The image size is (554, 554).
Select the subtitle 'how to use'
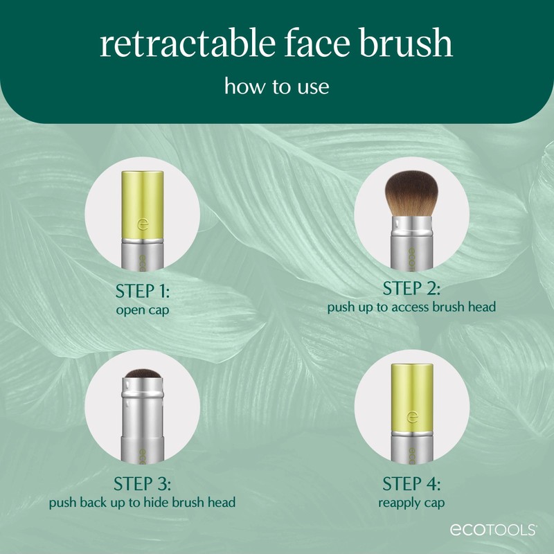276,88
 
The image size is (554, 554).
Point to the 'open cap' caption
143,310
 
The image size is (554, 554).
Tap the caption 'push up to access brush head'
411,307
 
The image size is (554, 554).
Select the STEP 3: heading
143,482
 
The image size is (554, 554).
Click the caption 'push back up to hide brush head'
143,501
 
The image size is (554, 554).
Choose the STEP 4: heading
411,483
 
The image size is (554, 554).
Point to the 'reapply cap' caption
411,501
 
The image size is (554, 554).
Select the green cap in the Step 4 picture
411,395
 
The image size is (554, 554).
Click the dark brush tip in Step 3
142,377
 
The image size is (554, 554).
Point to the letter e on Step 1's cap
143,226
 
